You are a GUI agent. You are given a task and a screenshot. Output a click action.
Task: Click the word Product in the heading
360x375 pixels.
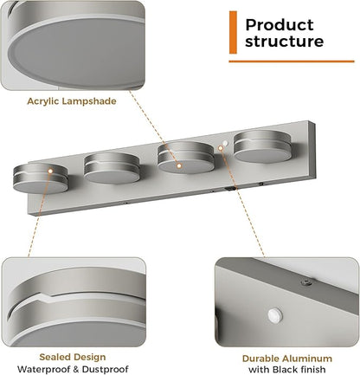(280, 25)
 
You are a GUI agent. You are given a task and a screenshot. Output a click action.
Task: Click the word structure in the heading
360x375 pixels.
(284, 41)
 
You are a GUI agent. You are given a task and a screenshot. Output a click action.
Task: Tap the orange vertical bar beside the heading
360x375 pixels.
(233, 32)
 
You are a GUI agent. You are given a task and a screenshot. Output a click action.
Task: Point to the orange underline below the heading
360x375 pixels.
(292, 61)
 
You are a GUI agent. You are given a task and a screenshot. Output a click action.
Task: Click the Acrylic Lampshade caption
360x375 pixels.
(72, 101)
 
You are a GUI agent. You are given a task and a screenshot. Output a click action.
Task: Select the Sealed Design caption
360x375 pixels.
(73, 358)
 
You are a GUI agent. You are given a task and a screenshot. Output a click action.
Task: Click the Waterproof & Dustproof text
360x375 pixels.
(73, 369)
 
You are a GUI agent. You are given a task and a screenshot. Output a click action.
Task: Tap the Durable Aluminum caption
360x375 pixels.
(287, 359)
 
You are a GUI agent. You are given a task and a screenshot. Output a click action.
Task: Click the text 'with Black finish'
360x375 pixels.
(287, 370)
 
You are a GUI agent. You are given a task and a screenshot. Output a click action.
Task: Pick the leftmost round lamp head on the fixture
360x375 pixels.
(41, 178)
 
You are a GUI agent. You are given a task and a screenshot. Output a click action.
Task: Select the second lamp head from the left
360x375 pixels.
(112, 168)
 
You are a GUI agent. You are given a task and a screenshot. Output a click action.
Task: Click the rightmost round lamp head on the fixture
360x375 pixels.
(263, 146)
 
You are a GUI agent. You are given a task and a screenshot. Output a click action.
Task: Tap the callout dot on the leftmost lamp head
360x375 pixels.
(50, 171)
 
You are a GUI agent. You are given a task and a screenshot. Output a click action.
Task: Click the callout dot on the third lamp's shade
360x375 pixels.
(179, 166)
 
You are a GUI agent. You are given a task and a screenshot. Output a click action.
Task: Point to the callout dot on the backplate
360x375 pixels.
(221, 148)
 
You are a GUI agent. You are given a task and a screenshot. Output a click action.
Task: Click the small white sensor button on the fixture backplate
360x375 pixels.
(225, 143)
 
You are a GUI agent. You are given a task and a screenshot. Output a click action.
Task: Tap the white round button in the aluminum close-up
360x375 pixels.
(274, 315)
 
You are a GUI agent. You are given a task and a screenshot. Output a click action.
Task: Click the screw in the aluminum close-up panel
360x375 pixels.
(306, 282)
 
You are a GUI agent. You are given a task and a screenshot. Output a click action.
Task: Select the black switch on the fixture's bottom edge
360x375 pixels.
(229, 190)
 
